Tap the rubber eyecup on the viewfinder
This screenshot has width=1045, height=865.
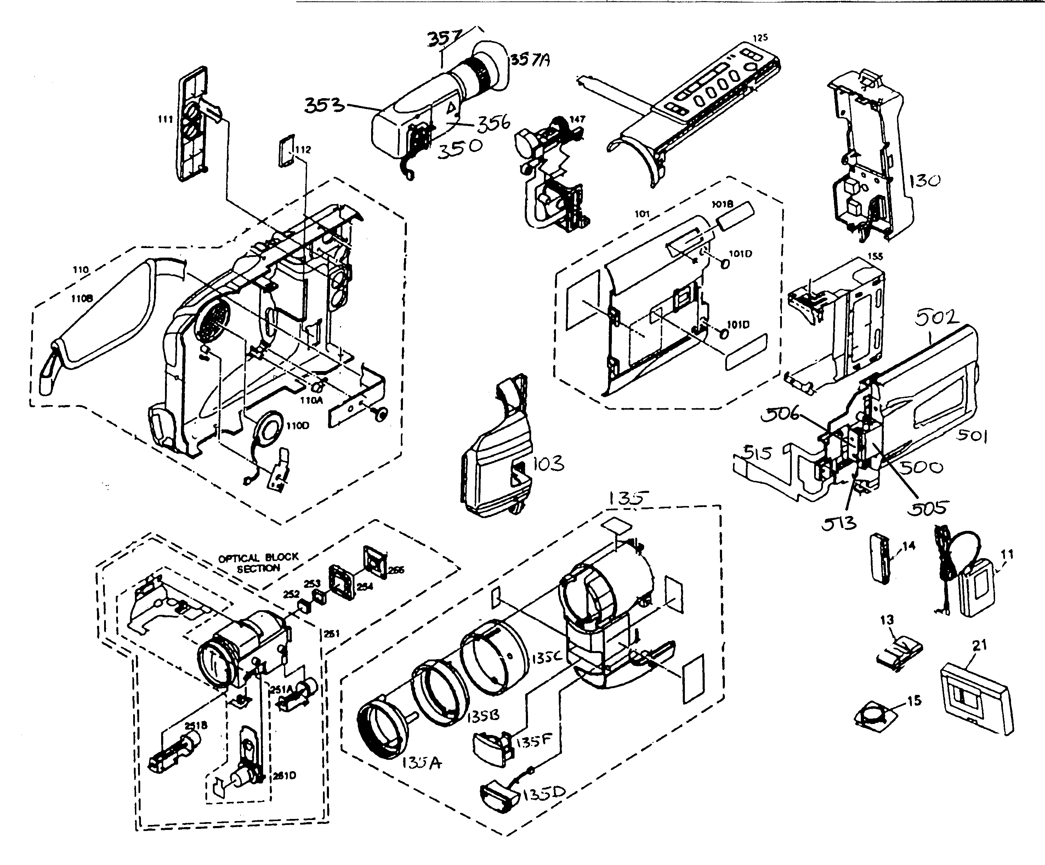[493, 67]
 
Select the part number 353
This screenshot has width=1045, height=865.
[324, 105]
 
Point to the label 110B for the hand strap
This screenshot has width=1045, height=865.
[82, 298]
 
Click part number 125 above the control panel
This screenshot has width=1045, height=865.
[760, 37]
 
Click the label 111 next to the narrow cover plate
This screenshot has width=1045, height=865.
[165, 119]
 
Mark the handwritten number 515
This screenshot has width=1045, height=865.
[757, 453]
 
